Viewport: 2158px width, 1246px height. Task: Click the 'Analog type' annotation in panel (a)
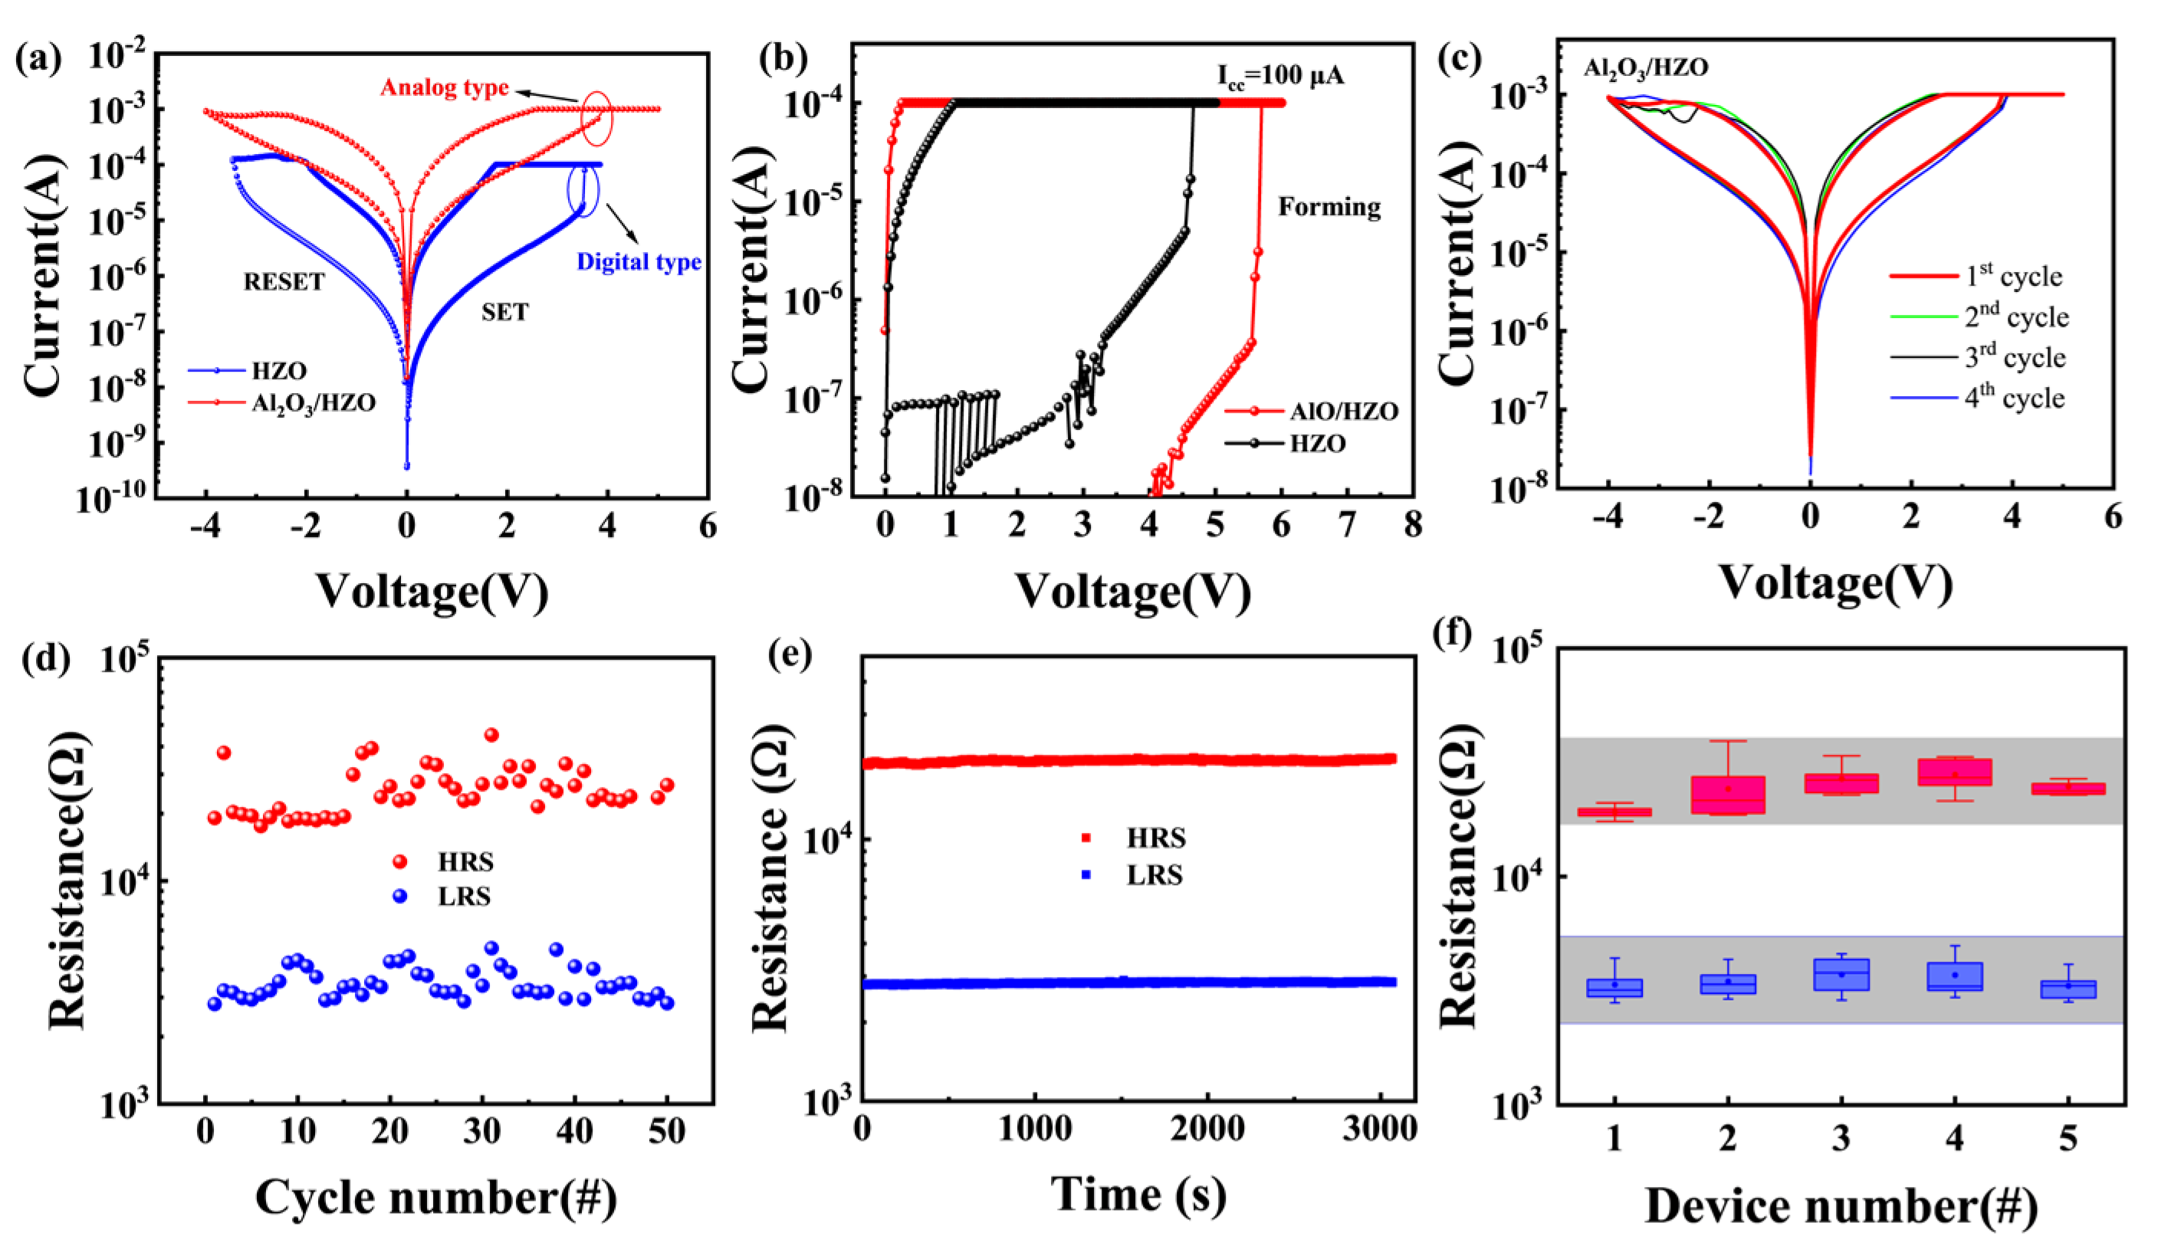[x=445, y=87]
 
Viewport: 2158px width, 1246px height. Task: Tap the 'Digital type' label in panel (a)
[x=639, y=262]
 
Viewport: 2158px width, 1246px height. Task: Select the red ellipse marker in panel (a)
[x=596, y=118]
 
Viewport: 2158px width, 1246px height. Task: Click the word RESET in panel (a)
[x=284, y=281]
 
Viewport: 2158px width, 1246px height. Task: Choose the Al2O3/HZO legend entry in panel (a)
[x=313, y=402]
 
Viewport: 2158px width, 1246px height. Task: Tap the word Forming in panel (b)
[x=1329, y=207]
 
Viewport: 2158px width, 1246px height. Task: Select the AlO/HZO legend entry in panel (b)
[x=1343, y=412]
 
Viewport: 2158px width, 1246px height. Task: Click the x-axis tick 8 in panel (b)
[x=1411, y=523]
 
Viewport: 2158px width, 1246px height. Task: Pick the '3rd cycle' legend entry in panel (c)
[x=2014, y=357]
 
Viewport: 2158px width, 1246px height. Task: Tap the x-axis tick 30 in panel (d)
[x=482, y=1131]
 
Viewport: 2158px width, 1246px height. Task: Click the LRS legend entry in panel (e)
[x=1154, y=875]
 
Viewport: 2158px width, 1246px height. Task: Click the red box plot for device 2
[x=1727, y=794]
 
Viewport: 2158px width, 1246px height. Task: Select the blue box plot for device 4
[x=1954, y=976]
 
